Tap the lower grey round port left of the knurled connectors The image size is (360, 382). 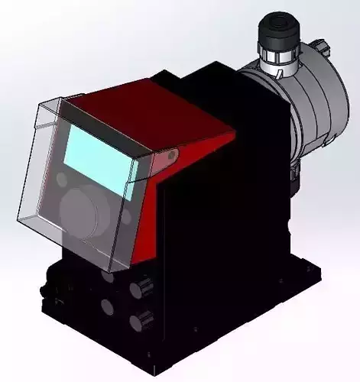pyautogui.click(x=105, y=307)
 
